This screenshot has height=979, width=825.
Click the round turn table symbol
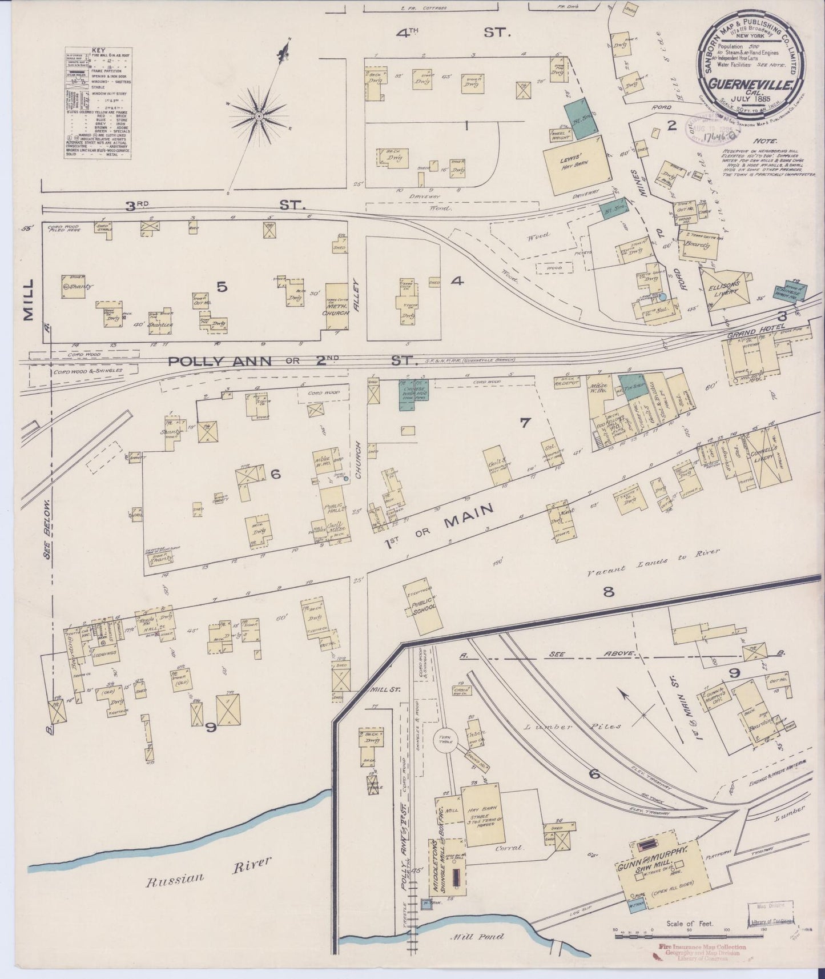446,741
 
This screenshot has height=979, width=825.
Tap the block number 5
222,287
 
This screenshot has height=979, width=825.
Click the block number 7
525,423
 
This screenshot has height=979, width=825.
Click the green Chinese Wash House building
413,394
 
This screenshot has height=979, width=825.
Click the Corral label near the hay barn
511,849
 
